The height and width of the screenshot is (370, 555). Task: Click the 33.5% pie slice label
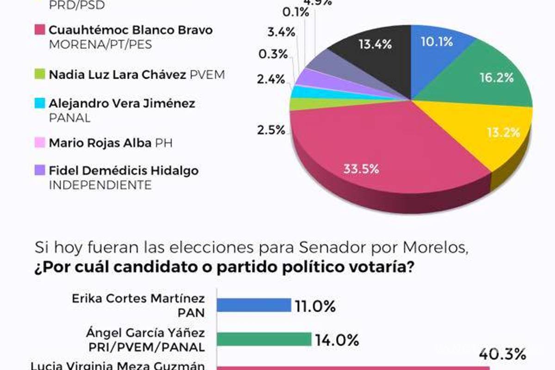361,169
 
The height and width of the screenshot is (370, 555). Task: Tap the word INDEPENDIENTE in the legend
100,185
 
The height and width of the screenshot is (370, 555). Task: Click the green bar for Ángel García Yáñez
264,339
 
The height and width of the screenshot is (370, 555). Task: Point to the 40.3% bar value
502,355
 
